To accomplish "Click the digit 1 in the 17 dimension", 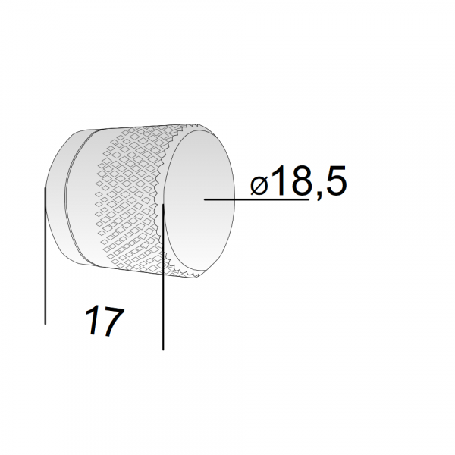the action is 93,320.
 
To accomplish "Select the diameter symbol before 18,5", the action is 259,186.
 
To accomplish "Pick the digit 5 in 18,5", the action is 335,180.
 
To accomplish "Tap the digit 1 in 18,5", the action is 278,180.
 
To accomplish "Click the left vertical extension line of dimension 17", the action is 45,256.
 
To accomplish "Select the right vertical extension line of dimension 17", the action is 163,277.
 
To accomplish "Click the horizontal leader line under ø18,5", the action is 256,199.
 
